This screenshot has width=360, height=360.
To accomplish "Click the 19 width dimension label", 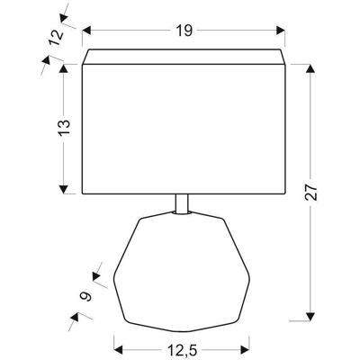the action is coord(184,31).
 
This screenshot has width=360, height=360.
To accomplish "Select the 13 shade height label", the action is coord(64,128).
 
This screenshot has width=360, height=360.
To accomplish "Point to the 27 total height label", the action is coord(310,192).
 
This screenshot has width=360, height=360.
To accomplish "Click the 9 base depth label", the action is coord(85,296).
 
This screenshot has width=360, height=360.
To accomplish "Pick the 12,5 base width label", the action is coord(182,349).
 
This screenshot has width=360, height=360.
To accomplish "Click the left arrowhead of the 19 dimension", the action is coord(86,31).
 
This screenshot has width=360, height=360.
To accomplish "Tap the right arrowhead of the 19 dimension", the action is coord(281,31).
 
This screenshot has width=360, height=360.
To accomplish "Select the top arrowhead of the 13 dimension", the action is coord(63,68).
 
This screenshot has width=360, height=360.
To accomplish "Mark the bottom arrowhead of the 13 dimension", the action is coord(63,189).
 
